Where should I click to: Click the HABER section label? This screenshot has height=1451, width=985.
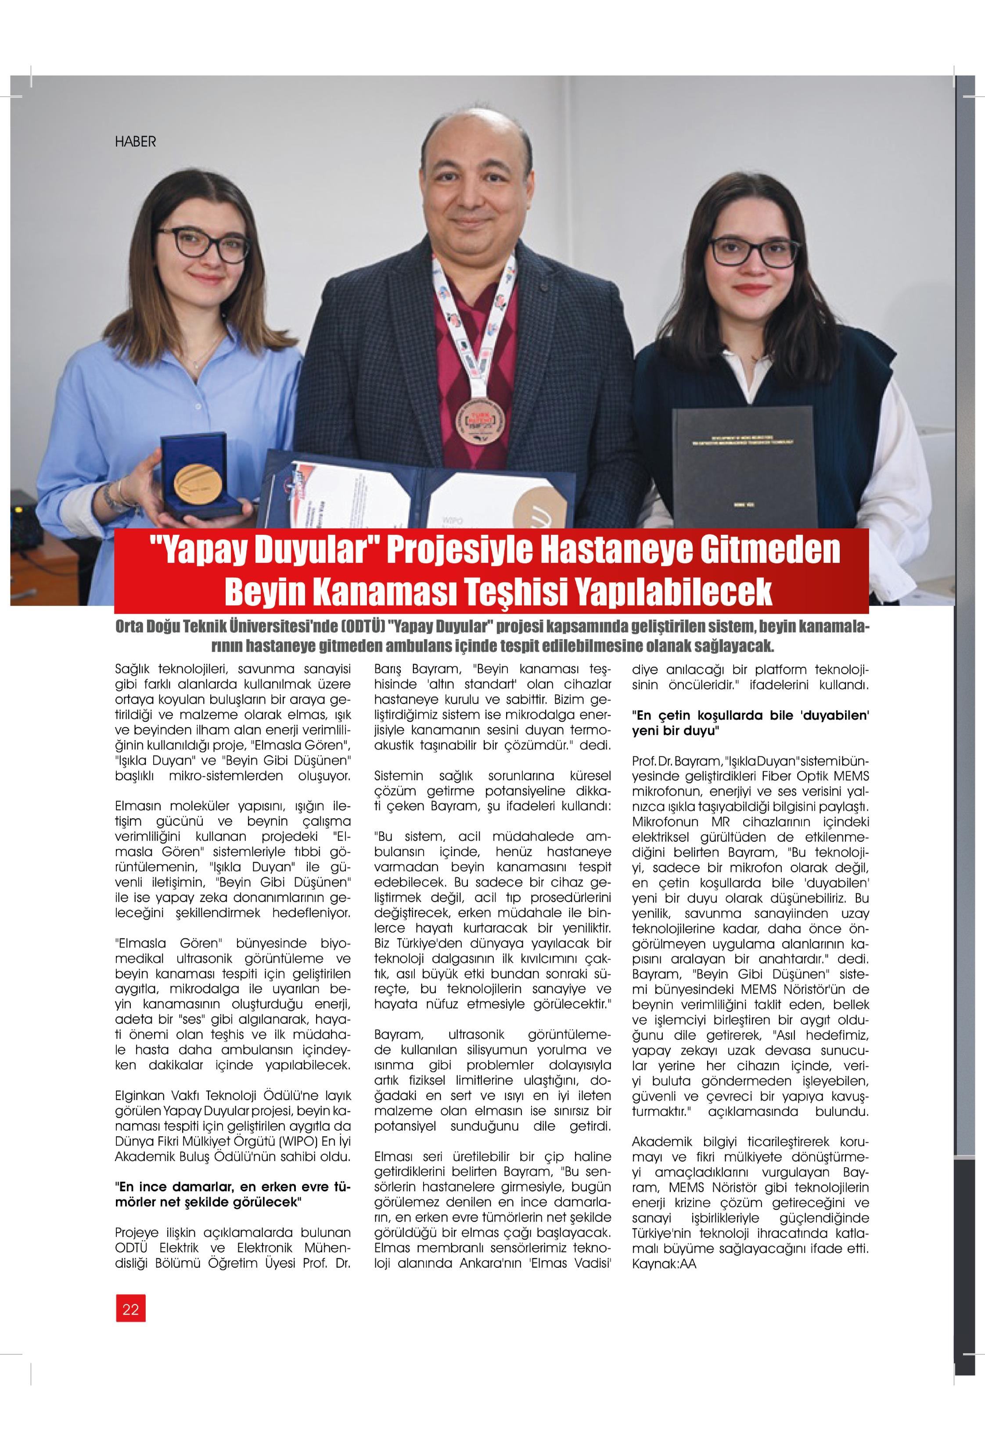135,142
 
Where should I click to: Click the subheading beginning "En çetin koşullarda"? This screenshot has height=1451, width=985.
750,723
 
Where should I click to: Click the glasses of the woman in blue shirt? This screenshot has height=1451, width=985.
202,244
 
